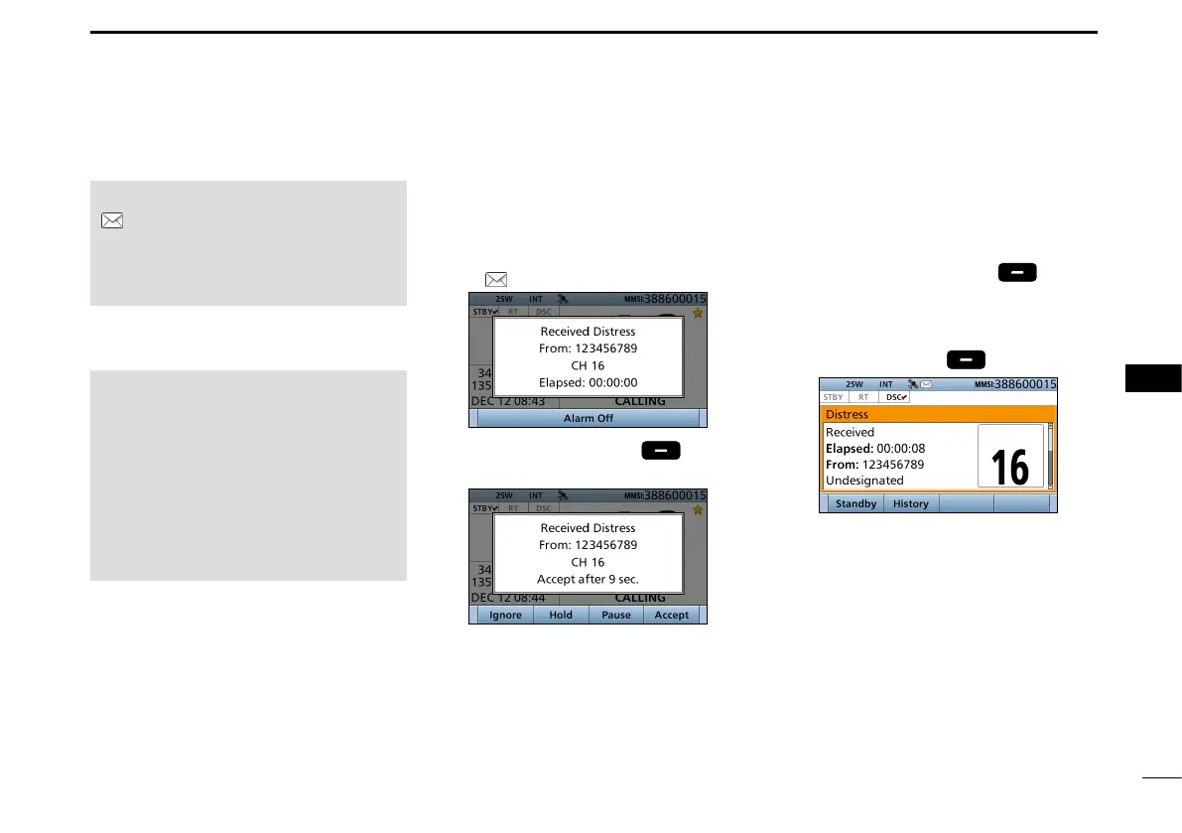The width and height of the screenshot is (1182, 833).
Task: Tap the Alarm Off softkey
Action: click(589, 418)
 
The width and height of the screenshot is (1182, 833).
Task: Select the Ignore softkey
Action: click(505, 615)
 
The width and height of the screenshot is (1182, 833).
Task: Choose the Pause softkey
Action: click(616, 615)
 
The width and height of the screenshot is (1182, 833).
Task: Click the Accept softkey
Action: click(672, 615)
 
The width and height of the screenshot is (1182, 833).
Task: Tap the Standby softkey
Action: click(855, 503)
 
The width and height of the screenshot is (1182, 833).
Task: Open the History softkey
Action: click(910, 503)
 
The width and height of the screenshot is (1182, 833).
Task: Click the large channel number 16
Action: click(1010, 465)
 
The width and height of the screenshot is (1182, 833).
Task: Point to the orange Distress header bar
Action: click(937, 414)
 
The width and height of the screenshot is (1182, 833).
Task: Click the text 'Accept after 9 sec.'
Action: click(589, 579)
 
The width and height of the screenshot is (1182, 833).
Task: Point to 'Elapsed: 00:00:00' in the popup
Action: click(589, 382)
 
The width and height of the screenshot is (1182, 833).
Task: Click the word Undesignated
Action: click(864, 481)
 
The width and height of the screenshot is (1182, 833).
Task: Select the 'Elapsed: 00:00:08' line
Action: click(874, 448)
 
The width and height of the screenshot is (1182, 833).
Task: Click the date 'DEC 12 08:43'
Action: click(508, 401)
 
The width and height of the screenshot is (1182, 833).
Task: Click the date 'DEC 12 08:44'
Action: click(508, 598)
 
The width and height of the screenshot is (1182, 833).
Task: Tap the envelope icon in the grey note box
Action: click(112, 221)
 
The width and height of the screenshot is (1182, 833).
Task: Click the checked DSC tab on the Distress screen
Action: click(895, 396)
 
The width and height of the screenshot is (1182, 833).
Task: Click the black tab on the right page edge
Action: click(1154, 378)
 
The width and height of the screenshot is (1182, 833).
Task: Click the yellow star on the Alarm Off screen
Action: click(698, 314)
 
